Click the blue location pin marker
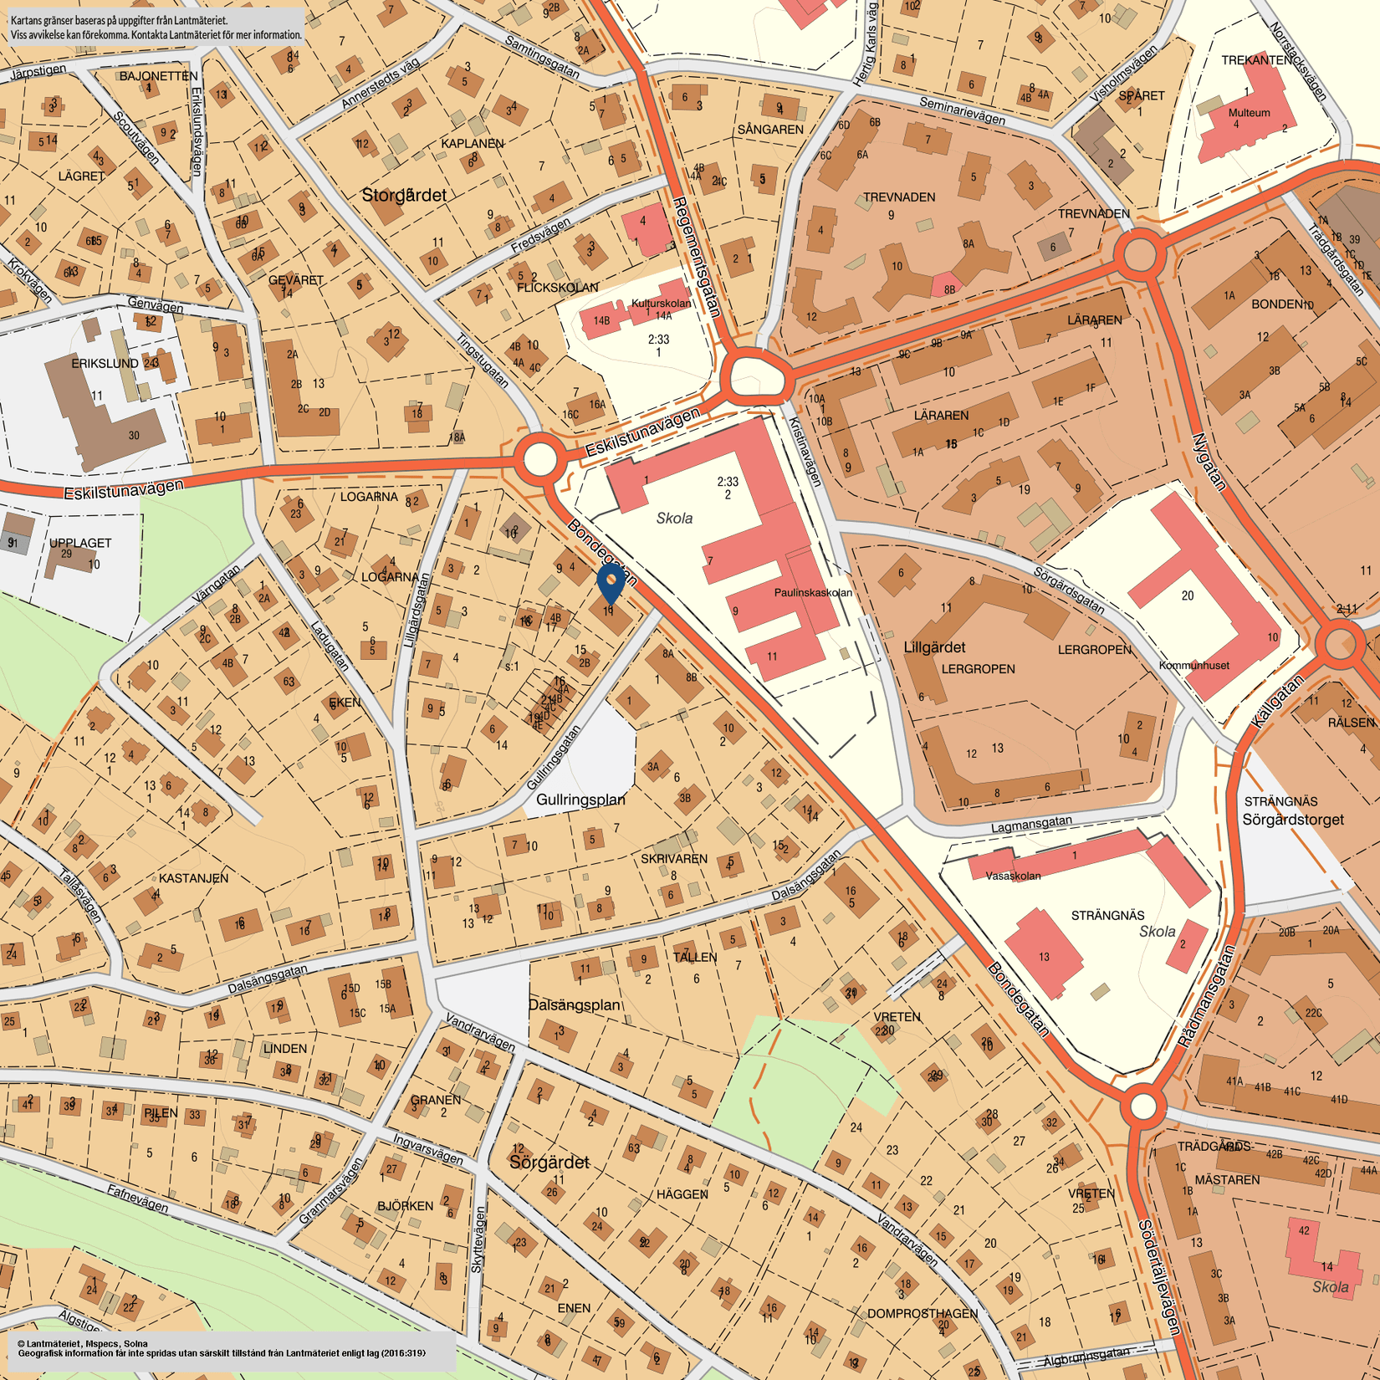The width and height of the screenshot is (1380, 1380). [611, 580]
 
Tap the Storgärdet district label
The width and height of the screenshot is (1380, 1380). [404, 195]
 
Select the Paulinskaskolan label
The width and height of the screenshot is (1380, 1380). [813, 592]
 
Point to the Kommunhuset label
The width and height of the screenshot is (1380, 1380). [1193, 665]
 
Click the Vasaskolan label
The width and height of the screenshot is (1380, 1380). [1013, 876]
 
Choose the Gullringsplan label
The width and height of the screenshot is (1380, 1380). [580, 800]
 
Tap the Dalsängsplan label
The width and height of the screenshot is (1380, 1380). [574, 1004]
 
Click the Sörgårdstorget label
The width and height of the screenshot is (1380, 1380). [1292, 820]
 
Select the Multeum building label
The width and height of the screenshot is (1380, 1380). [1249, 112]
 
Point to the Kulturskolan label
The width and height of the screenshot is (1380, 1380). [661, 303]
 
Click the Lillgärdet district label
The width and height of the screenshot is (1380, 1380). [934, 647]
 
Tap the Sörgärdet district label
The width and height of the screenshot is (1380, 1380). [549, 1162]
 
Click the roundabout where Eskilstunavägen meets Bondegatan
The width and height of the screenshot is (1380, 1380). [539, 458]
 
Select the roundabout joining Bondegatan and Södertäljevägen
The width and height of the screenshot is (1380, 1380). [1142, 1106]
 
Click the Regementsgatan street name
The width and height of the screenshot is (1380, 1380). [697, 257]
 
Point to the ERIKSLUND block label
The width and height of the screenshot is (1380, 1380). [105, 364]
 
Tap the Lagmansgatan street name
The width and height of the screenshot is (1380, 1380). [1030, 825]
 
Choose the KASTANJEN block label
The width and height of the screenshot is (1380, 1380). [193, 877]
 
